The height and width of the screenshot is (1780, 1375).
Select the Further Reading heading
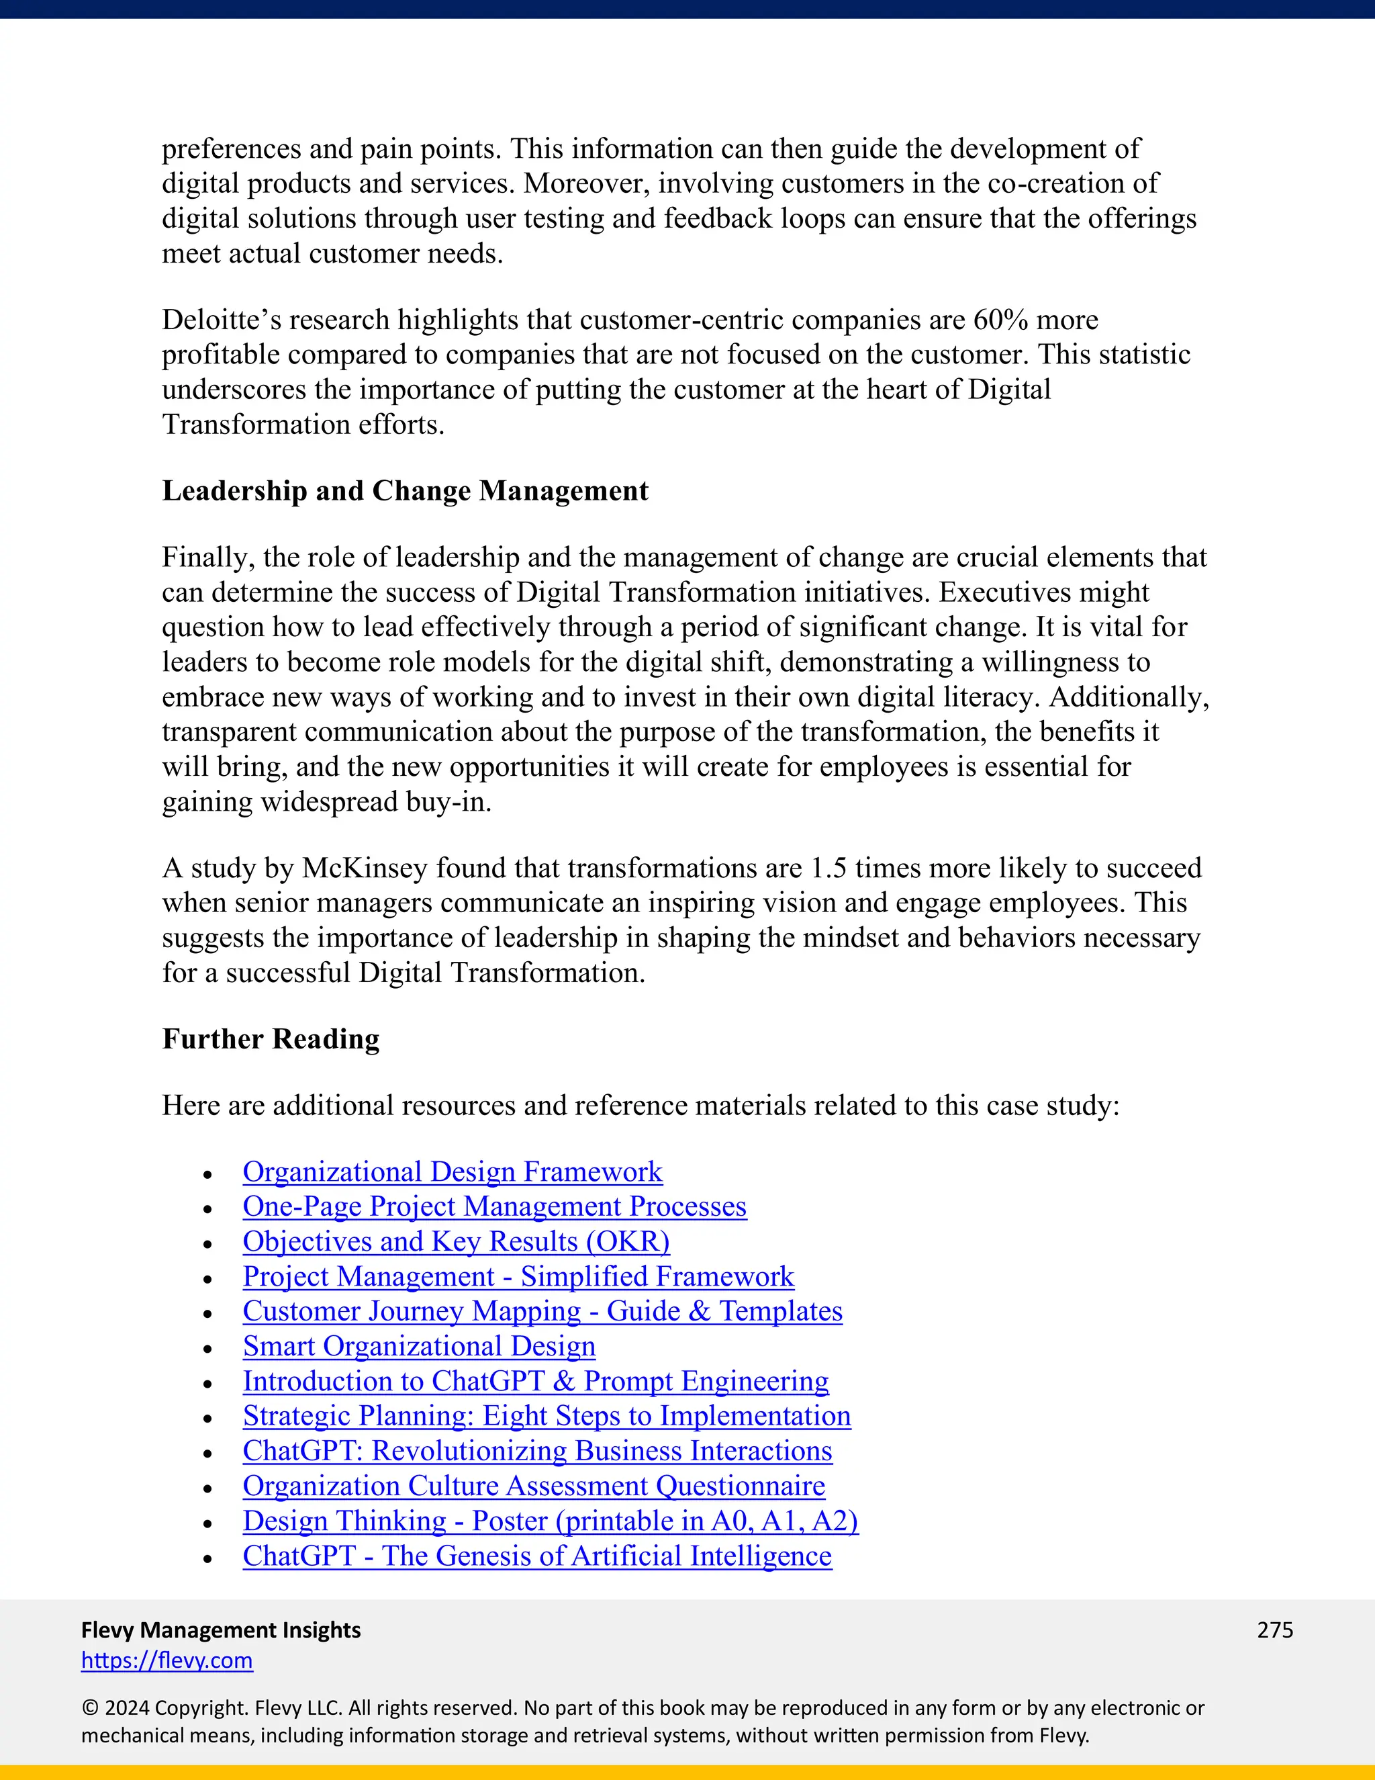pos(271,1039)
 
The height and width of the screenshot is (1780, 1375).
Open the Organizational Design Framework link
pos(452,1172)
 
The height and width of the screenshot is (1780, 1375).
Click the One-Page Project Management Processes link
pos(494,1207)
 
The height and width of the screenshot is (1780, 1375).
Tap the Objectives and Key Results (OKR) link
pos(456,1242)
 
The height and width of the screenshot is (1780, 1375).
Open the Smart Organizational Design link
pos(419,1346)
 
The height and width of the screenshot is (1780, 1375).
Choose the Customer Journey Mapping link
pos(542,1311)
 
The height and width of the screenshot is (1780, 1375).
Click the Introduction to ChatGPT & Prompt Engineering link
pos(535,1382)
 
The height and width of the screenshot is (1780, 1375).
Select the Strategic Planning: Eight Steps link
pos(547,1417)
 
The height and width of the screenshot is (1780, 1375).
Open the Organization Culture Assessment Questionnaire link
pos(534,1486)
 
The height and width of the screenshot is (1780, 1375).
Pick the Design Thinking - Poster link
pos(550,1521)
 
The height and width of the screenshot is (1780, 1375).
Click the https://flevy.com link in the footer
pos(167,1660)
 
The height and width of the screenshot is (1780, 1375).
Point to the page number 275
pos(1275,1630)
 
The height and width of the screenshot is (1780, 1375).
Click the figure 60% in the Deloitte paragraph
pos(1001,320)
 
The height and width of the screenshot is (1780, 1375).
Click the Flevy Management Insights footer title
pos(221,1630)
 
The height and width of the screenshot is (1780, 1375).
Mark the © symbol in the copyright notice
pos(89,1708)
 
